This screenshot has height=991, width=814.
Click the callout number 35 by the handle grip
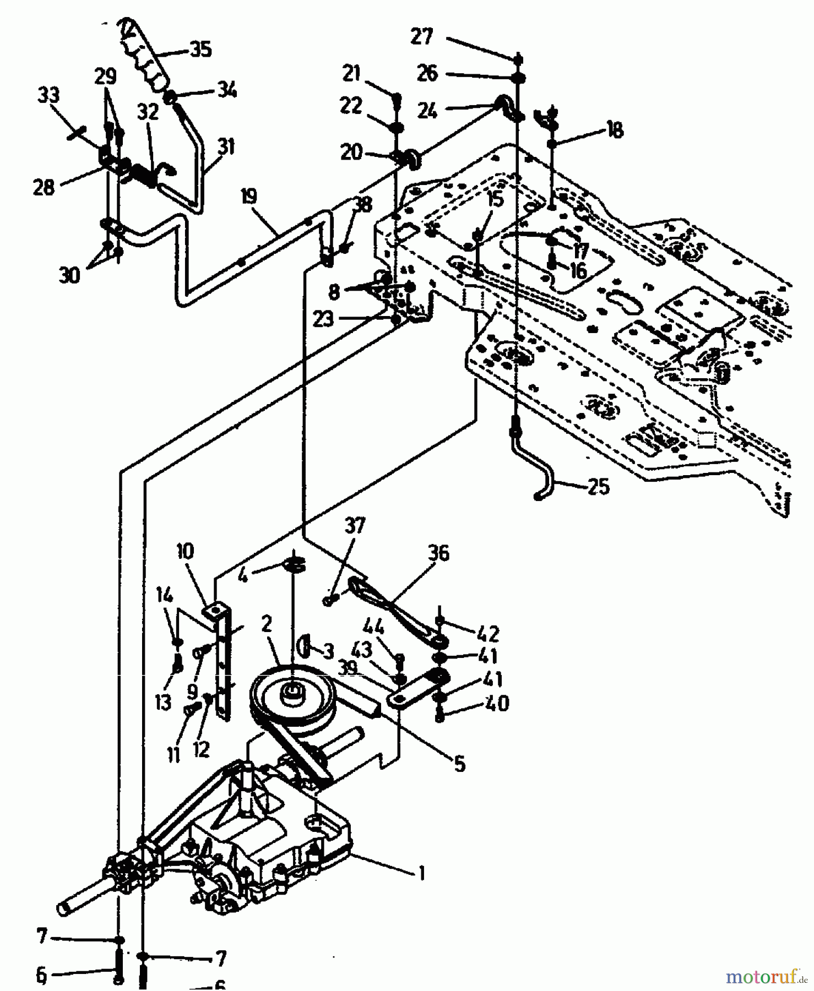coord(200,49)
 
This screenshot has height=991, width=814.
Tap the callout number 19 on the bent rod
coord(249,196)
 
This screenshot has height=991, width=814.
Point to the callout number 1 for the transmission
coord(422,873)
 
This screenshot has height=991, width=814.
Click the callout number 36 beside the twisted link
coord(438,553)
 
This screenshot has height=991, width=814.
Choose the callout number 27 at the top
coord(422,37)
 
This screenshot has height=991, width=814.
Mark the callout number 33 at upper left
coord(48,95)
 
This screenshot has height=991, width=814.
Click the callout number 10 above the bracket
coord(186,551)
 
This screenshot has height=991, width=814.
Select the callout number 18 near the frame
coord(615,130)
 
